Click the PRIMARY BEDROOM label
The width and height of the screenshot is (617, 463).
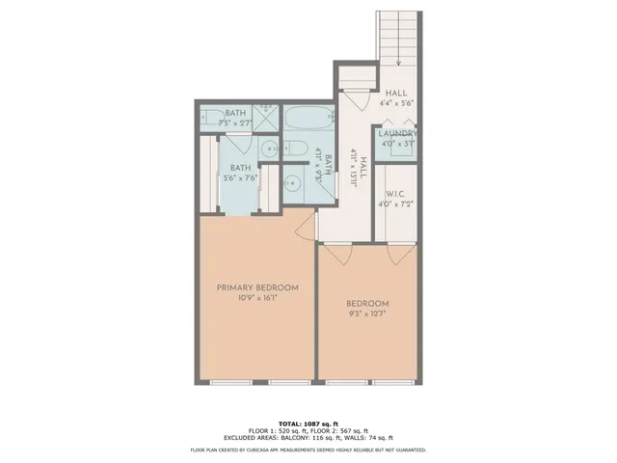click(257, 287)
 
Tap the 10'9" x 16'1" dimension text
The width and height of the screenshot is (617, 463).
click(257, 299)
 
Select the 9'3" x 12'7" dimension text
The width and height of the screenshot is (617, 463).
click(367, 313)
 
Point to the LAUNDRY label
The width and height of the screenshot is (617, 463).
click(397, 134)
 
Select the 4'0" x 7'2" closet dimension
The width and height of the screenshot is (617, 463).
click(397, 204)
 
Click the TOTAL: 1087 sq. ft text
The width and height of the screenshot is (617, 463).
click(308, 423)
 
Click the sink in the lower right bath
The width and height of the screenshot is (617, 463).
click(296, 180)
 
